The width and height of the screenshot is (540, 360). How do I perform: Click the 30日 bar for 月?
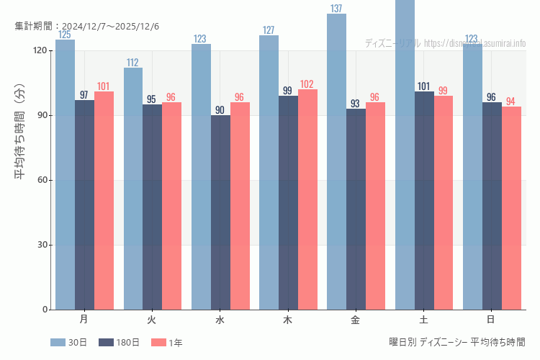65,175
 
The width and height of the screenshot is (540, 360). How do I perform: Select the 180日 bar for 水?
220,212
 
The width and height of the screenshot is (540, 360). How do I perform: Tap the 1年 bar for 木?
307,199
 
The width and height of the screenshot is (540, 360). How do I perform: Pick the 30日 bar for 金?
336,162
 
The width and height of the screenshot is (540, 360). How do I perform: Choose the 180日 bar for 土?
424,200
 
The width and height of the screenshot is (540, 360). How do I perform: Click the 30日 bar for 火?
132,189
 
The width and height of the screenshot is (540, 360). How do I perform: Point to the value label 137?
336,9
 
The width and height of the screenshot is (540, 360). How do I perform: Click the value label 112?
132,63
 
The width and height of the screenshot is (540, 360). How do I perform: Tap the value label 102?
307,84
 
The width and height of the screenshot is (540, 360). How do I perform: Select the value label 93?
356,104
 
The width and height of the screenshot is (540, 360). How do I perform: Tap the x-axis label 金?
356,319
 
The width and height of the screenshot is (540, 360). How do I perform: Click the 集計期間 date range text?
87,26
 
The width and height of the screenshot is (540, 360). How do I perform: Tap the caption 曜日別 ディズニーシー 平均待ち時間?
456,342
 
